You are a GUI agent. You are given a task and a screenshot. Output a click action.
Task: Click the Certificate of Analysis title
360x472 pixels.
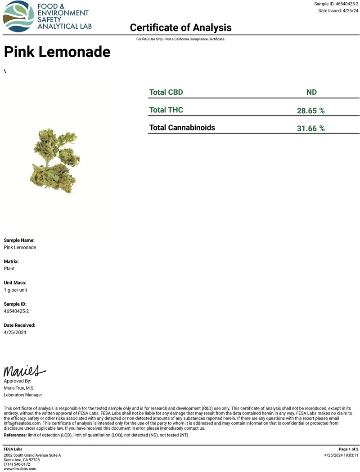pyautogui.click(x=180, y=28)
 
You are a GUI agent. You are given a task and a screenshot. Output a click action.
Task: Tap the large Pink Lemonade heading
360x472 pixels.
pyautogui.click(x=57, y=52)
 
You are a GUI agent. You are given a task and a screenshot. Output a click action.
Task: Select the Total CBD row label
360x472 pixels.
pyautogui.click(x=166, y=92)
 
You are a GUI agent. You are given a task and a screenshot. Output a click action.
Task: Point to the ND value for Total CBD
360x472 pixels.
pyautogui.click(x=311, y=92)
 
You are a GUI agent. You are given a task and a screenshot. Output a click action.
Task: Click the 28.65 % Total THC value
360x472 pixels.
pyautogui.click(x=310, y=111)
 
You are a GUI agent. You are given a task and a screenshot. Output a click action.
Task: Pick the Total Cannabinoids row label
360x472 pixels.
pyautogui.click(x=182, y=128)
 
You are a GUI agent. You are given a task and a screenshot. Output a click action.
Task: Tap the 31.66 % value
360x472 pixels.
pyautogui.click(x=310, y=129)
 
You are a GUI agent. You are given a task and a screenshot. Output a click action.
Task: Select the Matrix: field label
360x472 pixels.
pyautogui.click(x=11, y=261)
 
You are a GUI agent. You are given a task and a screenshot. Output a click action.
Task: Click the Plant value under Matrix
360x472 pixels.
pyautogui.click(x=9, y=268)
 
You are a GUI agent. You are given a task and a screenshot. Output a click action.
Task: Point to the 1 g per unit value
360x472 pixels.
pyautogui.click(x=15, y=290)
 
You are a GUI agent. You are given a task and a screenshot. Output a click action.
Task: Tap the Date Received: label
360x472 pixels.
pyautogui.click(x=19, y=325)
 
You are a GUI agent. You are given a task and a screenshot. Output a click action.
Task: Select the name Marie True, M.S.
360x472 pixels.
pyautogui.click(x=19, y=388)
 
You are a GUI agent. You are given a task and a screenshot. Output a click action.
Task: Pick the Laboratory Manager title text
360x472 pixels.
pyautogui.click(x=23, y=395)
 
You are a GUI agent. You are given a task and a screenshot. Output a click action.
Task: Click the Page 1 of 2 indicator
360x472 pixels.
pyautogui.click(x=348, y=449)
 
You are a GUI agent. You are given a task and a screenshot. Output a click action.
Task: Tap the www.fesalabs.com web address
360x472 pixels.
pyautogui.click(x=20, y=469)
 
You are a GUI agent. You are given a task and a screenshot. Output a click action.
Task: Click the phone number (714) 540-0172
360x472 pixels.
pyautogui.click(x=17, y=464)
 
